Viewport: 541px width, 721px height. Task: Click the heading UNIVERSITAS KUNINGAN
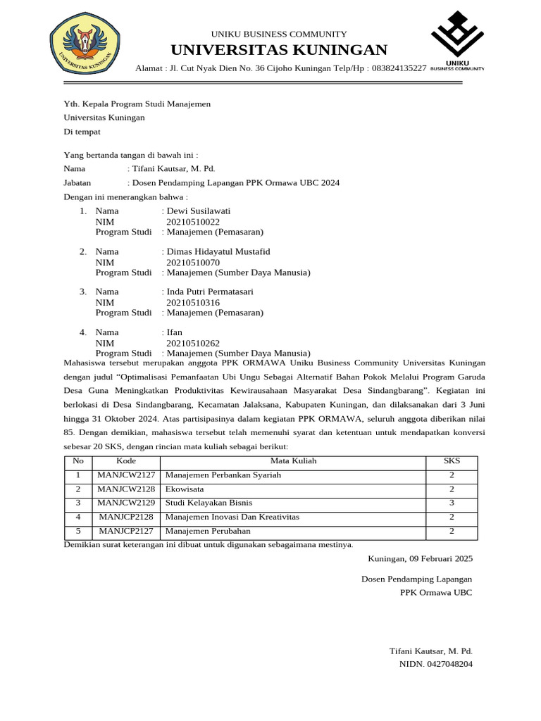pyautogui.click(x=278, y=50)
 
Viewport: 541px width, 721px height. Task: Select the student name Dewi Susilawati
pyautogui.click(x=198, y=211)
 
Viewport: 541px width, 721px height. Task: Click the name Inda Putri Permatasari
pyautogui.click(x=209, y=291)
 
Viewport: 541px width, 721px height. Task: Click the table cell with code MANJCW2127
pyautogui.click(x=126, y=475)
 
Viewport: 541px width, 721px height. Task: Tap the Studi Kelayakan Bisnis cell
pyautogui.click(x=209, y=503)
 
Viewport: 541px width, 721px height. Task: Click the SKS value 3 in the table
pyautogui.click(x=452, y=503)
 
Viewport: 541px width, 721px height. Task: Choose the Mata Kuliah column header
pyautogui.click(x=294, y=461)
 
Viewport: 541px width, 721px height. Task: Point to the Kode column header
pyautogui.click(x=126, y=461)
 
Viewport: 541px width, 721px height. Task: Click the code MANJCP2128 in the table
pyautogui.click(x=126, y=517)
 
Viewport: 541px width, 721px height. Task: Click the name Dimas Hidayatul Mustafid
pyautogui.click(x=218, y=251)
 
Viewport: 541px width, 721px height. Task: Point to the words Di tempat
pyautogui.click(x=82, y=132)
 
